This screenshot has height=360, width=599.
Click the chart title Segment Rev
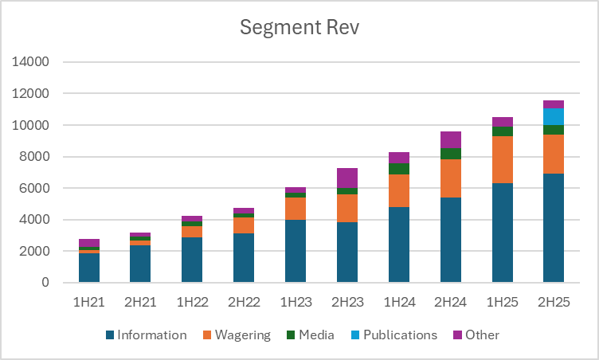point(299,28)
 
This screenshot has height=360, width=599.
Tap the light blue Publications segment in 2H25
point(553,116)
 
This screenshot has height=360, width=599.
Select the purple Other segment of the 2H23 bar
point(346,178)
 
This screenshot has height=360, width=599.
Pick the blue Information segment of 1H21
point(89,268)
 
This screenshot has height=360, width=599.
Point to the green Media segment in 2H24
point(450,154)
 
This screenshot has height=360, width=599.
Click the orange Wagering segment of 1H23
point(296,208)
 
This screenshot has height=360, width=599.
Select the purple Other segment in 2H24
point(450,139)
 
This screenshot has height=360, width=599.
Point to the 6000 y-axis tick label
point(35,188)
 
